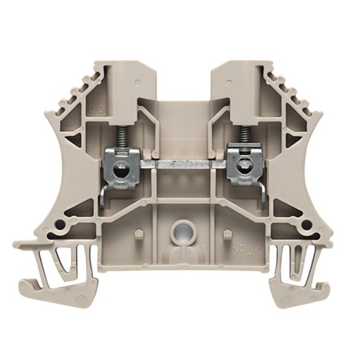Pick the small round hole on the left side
coord(59,225)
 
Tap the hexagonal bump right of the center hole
coord(225,233)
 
